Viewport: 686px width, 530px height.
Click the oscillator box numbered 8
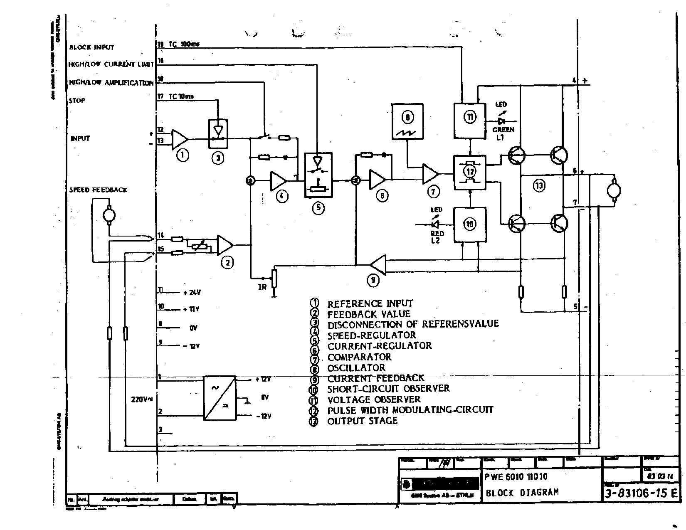click(x=408, y=121)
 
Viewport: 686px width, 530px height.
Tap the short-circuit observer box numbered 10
click(x=469, y=224)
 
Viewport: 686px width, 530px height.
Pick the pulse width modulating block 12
click(x=470, y=172)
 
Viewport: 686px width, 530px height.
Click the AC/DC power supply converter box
click(x=220, y=398)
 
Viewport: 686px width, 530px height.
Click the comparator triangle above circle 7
click(x=430, y=174)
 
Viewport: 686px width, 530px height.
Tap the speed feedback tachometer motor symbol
click(x=109, y=215)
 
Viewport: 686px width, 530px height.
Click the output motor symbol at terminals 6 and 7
click(x=613, y=190)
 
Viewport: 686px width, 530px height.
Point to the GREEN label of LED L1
click(x=503, y=130)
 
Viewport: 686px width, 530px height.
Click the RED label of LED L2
click(x=437, y=234)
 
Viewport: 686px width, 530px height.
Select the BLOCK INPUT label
click(x=91, y=47)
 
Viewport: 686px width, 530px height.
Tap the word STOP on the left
click(x=77, y=100)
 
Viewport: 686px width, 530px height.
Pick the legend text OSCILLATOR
click(x=356, y=368)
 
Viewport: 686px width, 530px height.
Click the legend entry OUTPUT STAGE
click(x=362, y=421)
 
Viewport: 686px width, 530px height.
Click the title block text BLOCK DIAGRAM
click(x=522, y=493)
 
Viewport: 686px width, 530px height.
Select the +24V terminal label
click(x=192, y=293)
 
